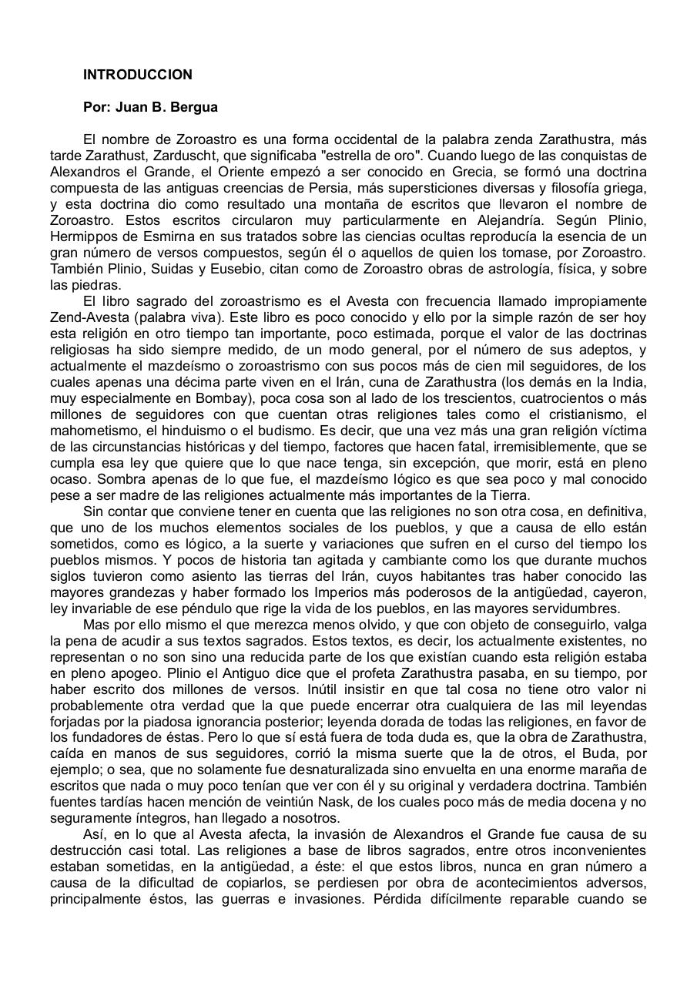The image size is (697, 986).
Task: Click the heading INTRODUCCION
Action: tap(138, 75)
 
